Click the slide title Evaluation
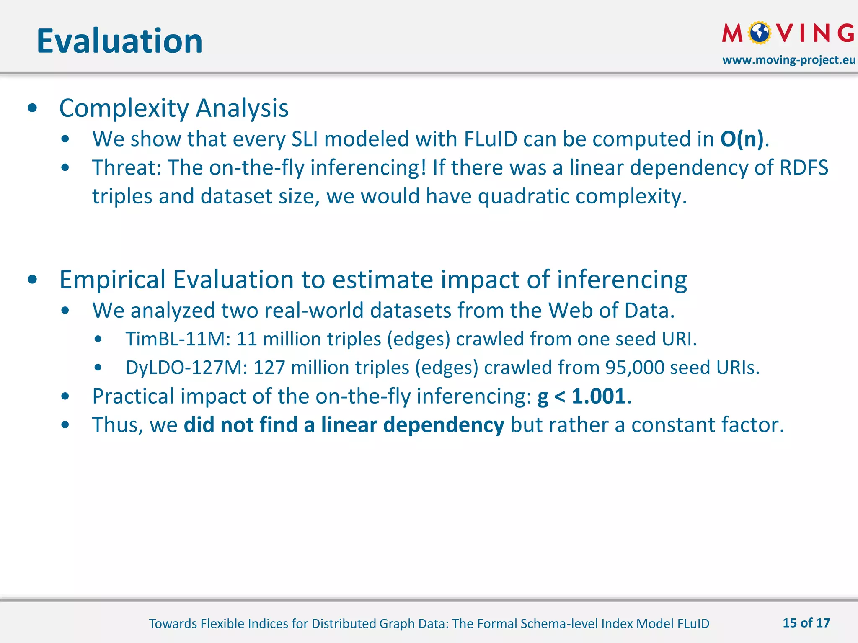click(x=119, y=41)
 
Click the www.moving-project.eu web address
click(x=789, y=60)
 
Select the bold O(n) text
click(x=742, y=139)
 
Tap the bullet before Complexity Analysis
click(x=33, y=108)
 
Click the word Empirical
click(x=113, y=280)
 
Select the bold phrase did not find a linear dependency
click(x=344, y=425)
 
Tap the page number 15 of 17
click(x=806, y=623)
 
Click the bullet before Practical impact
click(x=65, y=396)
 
